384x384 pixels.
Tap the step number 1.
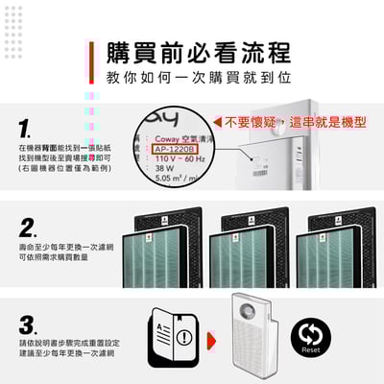pos(26,128)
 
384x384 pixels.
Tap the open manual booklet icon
pos(173,337)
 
